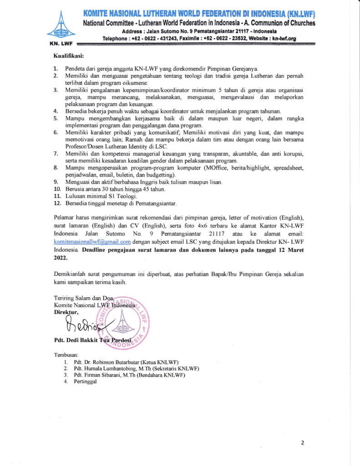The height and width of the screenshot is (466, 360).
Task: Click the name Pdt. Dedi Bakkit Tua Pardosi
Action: pyautogui.click(x=92, y=340)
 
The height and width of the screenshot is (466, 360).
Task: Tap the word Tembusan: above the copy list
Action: pyautogui.click(x=66, y=355)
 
